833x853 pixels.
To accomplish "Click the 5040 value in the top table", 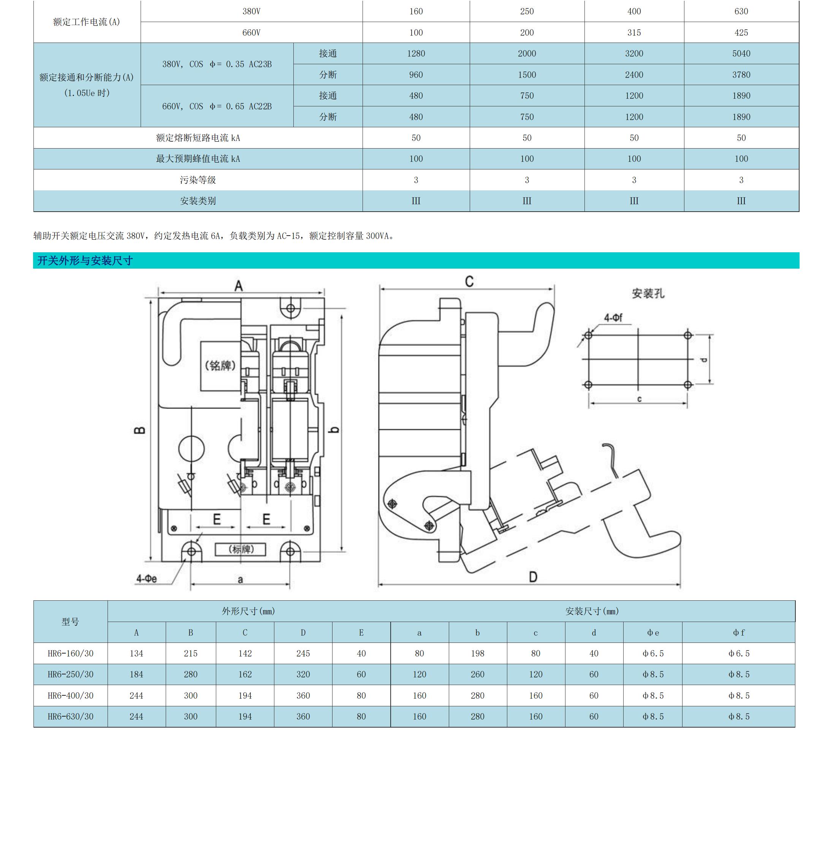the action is (741, 53).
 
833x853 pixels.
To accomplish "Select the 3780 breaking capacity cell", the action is (741, 75).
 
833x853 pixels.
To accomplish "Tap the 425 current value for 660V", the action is (741, 32).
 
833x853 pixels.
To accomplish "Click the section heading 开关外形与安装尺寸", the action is (85, 261).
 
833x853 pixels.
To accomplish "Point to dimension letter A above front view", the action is (238, 286).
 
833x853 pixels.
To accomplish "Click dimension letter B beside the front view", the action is (139, 430).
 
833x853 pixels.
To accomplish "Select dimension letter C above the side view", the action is (469, 281).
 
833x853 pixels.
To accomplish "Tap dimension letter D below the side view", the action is (533, 577).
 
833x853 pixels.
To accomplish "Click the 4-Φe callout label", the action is (147, 579).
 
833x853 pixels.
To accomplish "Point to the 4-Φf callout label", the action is (613, 318).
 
